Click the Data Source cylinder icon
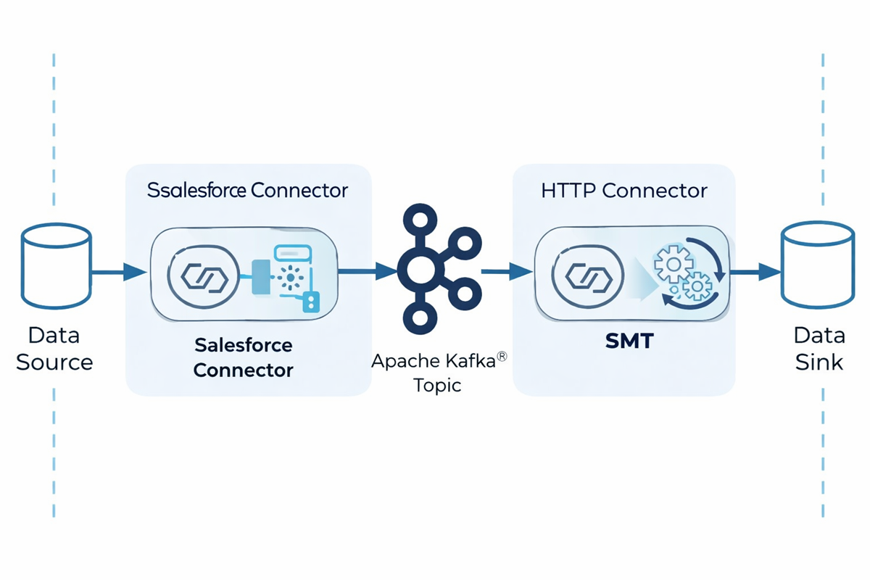(x=57, y=267)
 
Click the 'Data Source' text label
(x=54, y=349)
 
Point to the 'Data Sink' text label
(x=819, y=349)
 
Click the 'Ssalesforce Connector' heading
(x=247, y=191)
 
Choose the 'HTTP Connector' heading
(x=623, y=191)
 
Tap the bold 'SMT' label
(x=629, y=340)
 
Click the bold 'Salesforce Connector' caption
(x=244, y=357)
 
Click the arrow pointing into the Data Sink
(x=755, y=273)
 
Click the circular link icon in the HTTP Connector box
(x=584, y=276)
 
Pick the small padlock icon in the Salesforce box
(x=312, y=301)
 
